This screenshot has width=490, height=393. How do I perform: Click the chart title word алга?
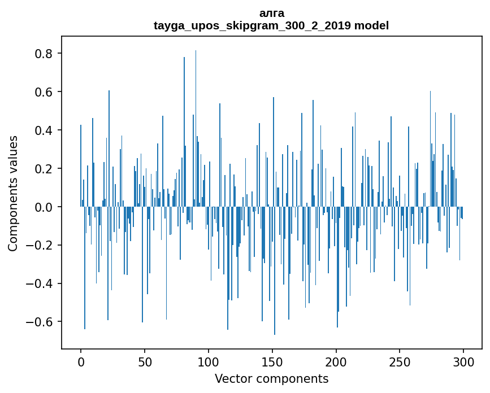[x=271, y=14]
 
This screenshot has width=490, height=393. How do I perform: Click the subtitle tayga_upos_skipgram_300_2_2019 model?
[x=271, y=26]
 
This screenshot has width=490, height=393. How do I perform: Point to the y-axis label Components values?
[x=13, y=193]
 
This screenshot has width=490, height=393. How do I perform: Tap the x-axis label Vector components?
[x=271, y=379]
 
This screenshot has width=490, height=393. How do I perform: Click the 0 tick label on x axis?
[x=81, y=361]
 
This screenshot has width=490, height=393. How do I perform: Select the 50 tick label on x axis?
[x=145, y=361]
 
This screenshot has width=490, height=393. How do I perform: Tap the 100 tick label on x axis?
[x=209, y=361]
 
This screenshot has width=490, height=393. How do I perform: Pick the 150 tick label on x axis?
[x=272, y=361]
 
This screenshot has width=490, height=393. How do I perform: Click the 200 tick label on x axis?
[x=336, y=361]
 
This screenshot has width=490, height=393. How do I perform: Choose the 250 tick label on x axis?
[x=400, y=361]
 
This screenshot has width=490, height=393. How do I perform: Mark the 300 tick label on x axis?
[x=463, y=361]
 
